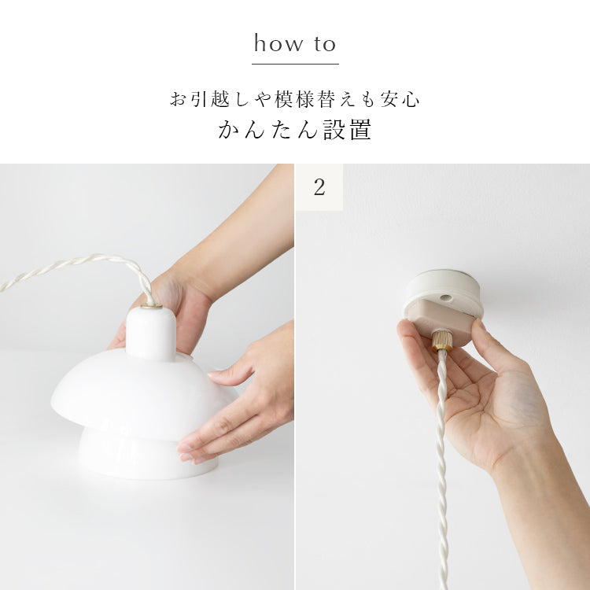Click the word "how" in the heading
pyautogui.click(x=278, y=43)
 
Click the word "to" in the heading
pyautogui.click(x=325, y=44)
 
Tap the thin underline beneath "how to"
pyautogui.click(x=295, y=64)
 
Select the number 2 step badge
pyautogui.click(x=319, y=187)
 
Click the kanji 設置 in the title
pyautogui.click(x=347, y=130)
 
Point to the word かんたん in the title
pyautogui.click(x=268, y=130)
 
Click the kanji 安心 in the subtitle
pyautogui.click(x=400, y=99)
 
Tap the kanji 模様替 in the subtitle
pyautogui.click(x=304, y=99)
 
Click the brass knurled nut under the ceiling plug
pyautogui.click(x=442, y=341)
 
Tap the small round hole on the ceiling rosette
pyautogui.click(x=446, y=297)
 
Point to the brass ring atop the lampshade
pyautogui.click(x=151, y=306)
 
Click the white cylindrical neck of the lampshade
pyautogui.click(x=151, y=333)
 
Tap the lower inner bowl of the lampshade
pyautogui.click(x=148, y=456)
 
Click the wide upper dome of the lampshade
pyautogui.click(x=145, y=393)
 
